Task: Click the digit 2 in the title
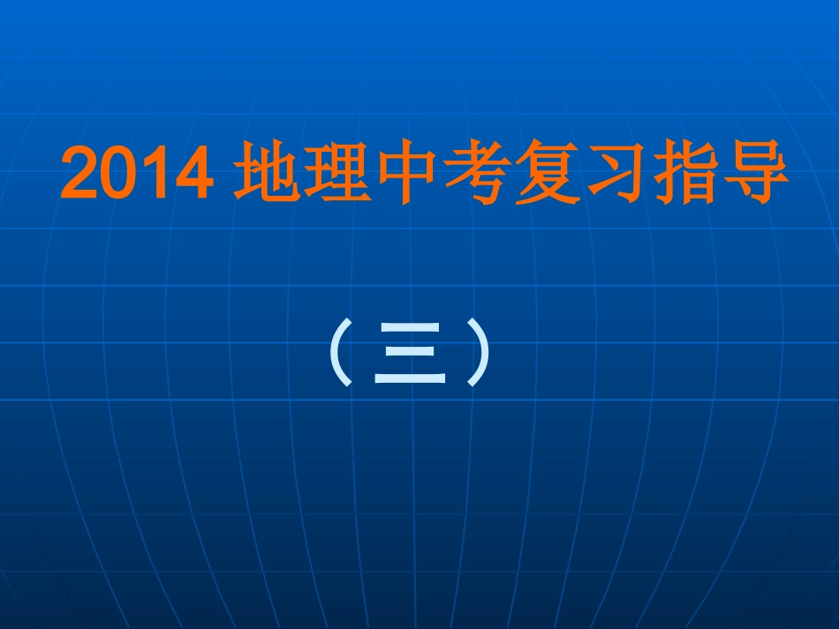pyautogui.click(x=79, y=176)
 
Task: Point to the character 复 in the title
pyautogui.click(x=548, y=175)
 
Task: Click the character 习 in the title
pyautogui.click(x=616, y=175)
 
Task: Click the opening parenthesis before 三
pyautogui.click(x=342, y=353)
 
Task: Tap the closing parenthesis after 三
pyautogui.click(x=478, y=353)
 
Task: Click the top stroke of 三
pyautogui.click(x=409, y=328)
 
